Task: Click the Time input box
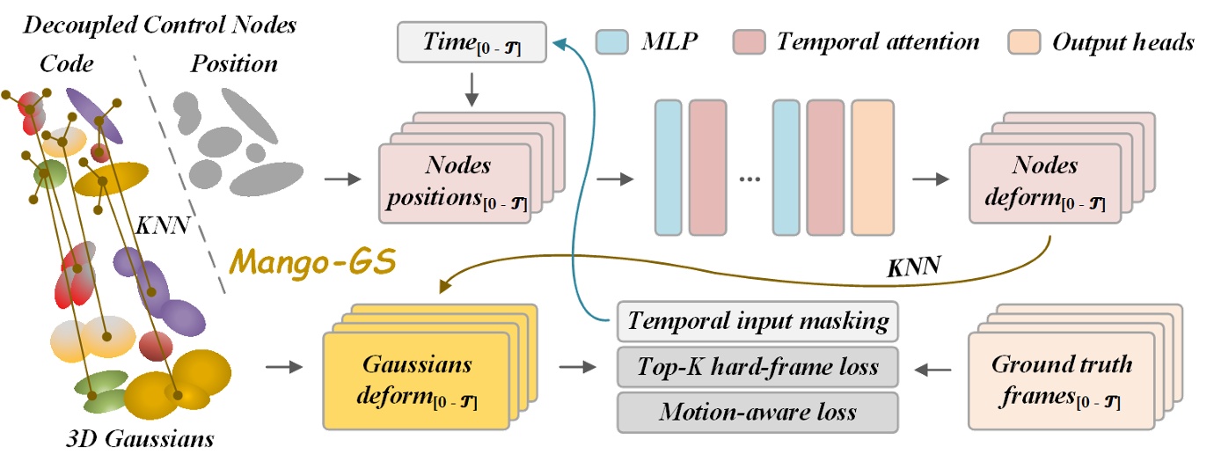click(x=472, y=41)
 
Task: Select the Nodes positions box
click(x=456, y=184)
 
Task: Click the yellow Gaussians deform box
click(x=417, y=380)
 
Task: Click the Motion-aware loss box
click(x=757, y=412)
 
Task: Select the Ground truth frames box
click(x=1048, y=380)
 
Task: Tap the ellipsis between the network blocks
click(x=750, y=179)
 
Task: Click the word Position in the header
click(x=234, y=63)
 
